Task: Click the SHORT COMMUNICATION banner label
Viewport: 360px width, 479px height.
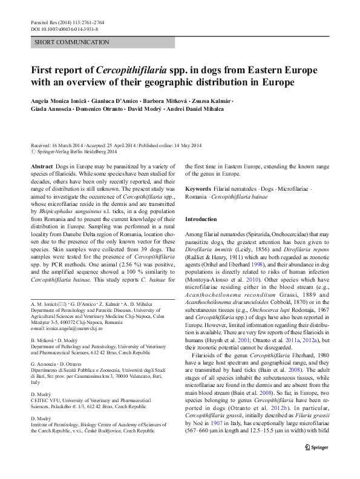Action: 71,42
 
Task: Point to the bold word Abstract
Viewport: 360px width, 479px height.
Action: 41,166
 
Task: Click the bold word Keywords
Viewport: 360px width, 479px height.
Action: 198,190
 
